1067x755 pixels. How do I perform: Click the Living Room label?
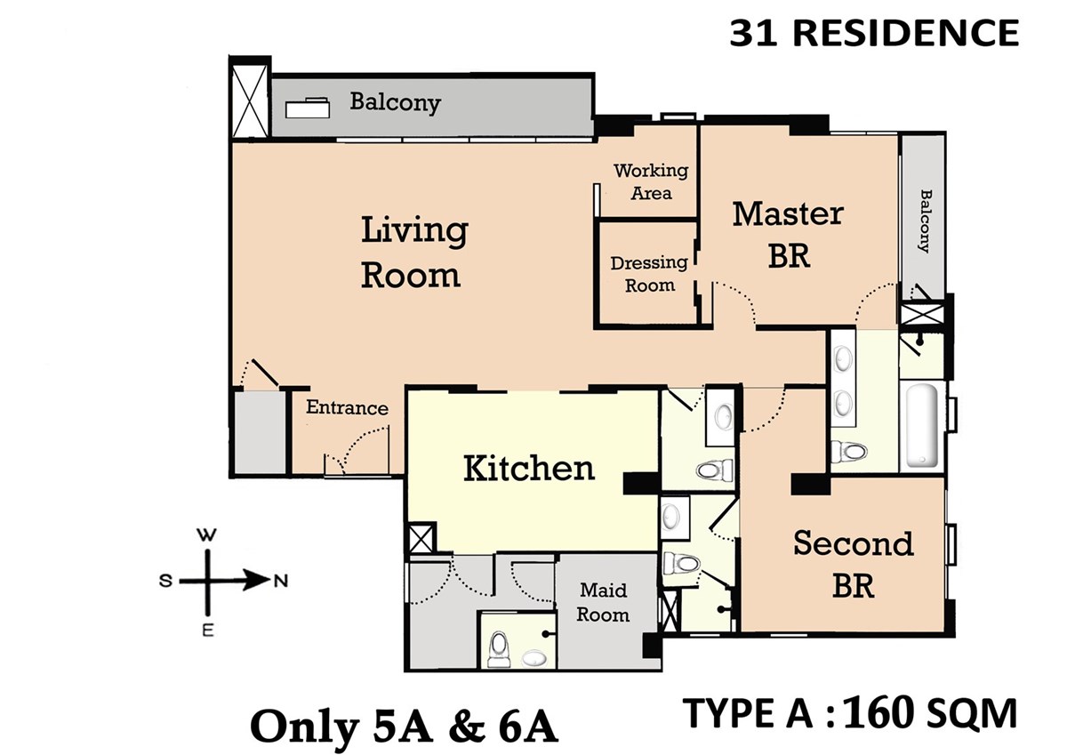414,252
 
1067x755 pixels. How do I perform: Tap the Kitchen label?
529,469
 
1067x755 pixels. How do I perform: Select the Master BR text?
788,235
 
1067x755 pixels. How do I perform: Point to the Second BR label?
853,565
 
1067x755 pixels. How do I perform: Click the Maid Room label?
603,603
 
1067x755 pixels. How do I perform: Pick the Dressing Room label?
649,274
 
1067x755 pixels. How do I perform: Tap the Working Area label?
651,181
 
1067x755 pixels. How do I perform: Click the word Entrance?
347,407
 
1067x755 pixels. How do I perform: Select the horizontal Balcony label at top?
396,102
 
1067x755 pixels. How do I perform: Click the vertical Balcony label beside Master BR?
925,221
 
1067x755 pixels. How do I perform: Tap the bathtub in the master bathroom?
922,425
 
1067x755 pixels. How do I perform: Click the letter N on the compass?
282,581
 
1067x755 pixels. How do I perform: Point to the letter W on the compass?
206,535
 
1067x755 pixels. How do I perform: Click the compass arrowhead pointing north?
257,580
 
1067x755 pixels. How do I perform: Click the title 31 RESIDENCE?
874,33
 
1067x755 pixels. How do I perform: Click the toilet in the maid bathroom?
499,649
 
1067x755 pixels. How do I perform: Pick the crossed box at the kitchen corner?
421,538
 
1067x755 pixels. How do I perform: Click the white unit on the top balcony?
308,108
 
